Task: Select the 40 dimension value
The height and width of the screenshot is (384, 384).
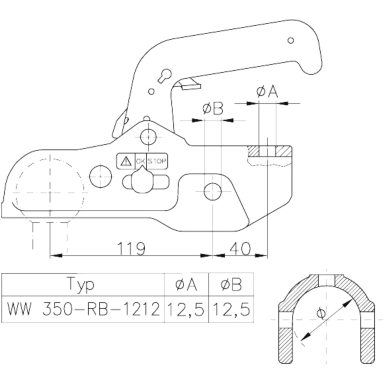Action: tap(240, 249)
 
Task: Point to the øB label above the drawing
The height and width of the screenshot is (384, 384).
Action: tap(213, 109)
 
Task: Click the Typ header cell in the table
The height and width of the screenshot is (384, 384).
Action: tap(81, 285)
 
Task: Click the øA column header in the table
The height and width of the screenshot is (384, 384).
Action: tap(186, 285)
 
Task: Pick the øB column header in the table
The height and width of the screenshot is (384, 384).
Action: tap(231, 285)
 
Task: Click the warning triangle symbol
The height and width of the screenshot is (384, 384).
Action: tap(125, 161)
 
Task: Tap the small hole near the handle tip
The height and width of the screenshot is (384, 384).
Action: tap(291, 40)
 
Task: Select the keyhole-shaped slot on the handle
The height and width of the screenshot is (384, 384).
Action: tap(165, 75)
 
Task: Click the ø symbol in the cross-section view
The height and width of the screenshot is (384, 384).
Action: tap(321, 313)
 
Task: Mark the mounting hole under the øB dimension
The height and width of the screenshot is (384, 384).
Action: tap(212, 192)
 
